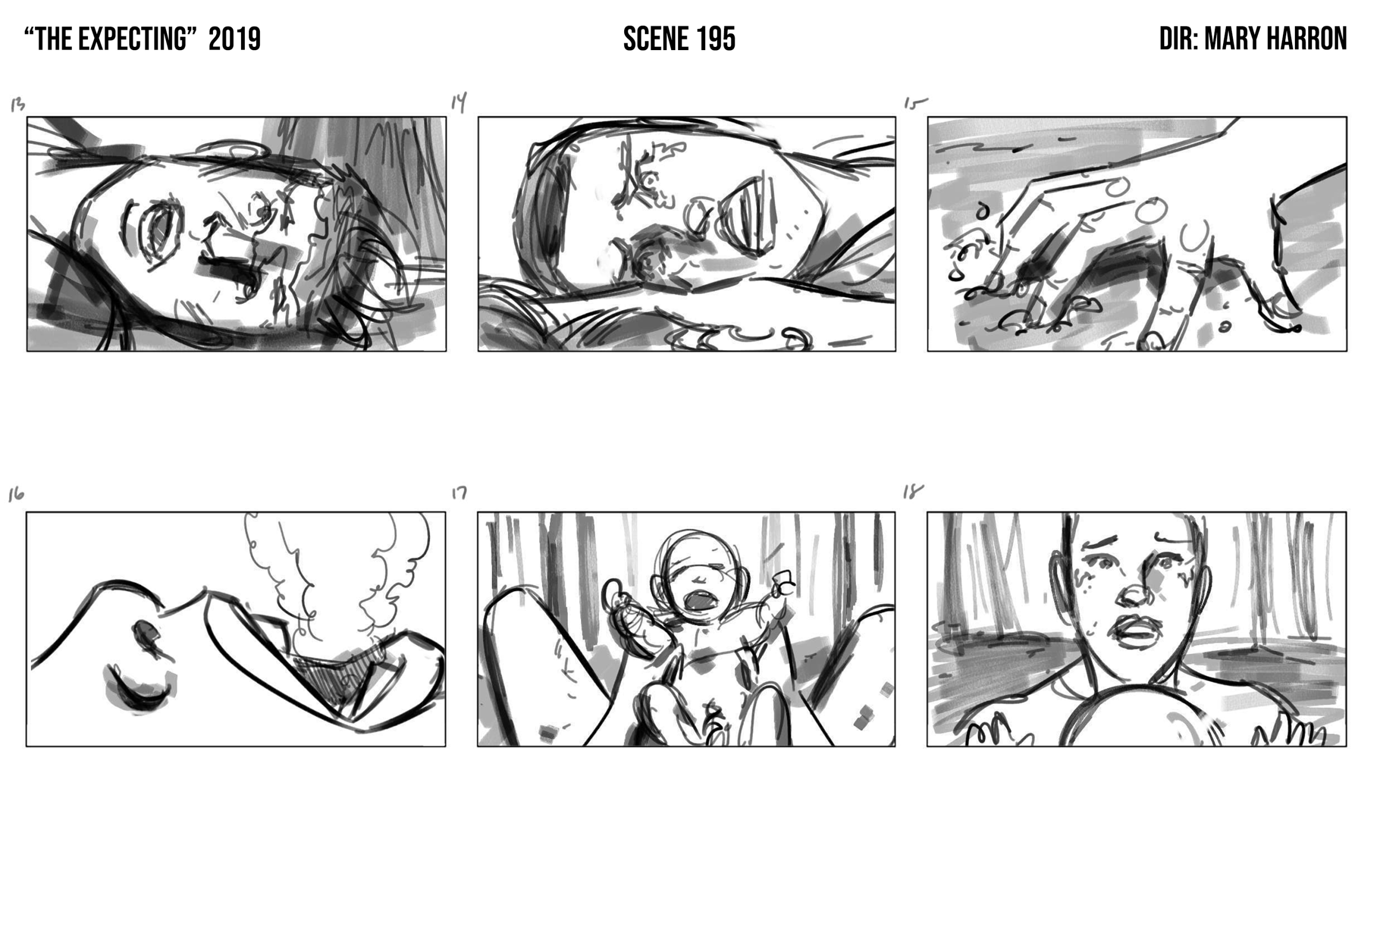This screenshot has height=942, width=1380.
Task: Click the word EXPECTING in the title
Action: pos(133,39)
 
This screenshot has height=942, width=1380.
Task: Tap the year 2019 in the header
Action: pos(234,39)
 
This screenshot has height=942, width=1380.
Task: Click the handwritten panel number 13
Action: pos(18,105)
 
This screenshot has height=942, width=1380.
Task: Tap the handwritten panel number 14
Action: pos(458,102)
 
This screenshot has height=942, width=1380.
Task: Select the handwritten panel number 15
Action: pos(915,103)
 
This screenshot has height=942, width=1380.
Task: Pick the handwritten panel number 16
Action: pos(16,495)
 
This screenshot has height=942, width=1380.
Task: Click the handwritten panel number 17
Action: pos(459,493)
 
